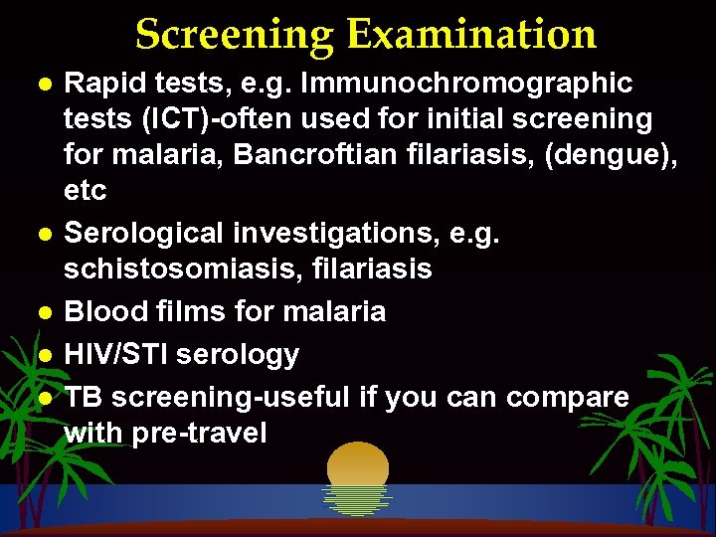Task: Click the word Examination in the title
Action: pyautogui.click(x=471, y=34)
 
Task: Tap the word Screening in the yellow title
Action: pyautogui.click(x=235, y=34)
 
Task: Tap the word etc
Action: pyautogui.click(x=85, y=190)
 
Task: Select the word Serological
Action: pyautogui.click(x=144, y=233)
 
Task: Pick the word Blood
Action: pyautogui.click(x=105, y=311)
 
